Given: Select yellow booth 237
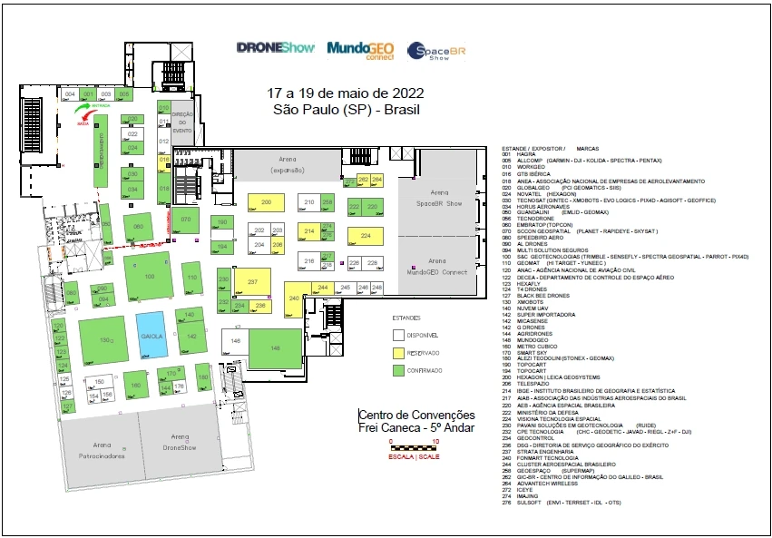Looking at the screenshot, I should pos(253,283).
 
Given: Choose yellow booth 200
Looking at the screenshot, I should pos(266,201).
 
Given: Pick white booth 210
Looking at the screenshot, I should pos(308,201).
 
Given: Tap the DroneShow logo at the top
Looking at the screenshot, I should pos(275,47).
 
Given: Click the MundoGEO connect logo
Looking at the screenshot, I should pos(361,49).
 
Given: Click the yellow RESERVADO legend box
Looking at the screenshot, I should pos(397,352).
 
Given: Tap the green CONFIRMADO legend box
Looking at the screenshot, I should pos(397,370).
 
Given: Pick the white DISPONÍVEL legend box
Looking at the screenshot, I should pos(397,334).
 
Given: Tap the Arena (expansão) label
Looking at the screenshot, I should pos(290,164).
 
